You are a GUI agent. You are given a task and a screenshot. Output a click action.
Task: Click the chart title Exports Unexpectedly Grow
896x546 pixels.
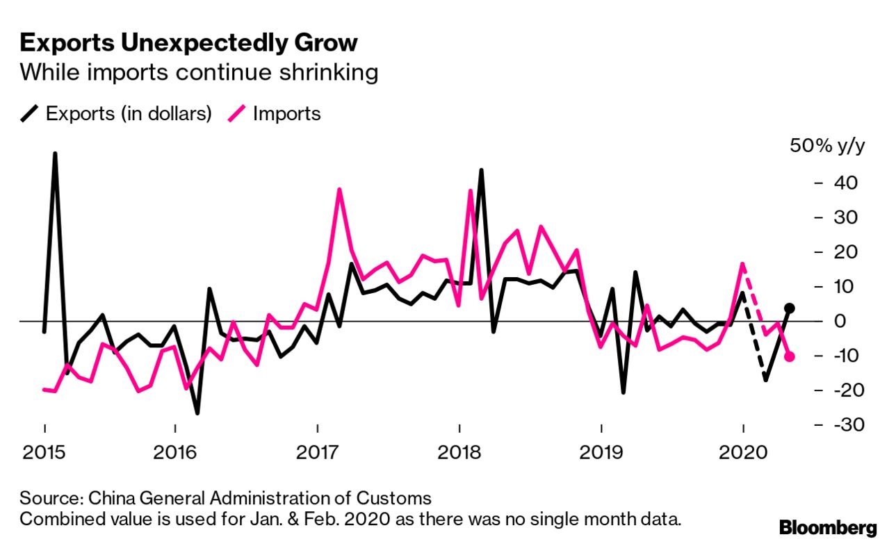pos(189,43)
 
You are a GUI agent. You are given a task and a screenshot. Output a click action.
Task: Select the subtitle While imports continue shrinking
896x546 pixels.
pos(199,72)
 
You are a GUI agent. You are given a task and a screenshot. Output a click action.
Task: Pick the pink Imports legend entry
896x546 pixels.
pos(277,113)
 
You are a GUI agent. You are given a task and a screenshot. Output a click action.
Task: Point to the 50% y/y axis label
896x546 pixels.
pos(826,147)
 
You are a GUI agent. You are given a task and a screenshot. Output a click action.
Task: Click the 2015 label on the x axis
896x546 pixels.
pos(44,454)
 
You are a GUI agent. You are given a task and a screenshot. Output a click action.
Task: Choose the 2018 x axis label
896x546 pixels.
pos(459,454)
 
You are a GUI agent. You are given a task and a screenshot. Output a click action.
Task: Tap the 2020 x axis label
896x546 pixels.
pos(743,454)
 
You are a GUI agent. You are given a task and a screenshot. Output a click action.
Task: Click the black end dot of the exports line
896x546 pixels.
pos(789,308)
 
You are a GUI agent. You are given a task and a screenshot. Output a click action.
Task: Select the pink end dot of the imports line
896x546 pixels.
pos(789,356)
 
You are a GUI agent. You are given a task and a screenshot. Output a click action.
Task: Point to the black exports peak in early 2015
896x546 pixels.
pos(55,154)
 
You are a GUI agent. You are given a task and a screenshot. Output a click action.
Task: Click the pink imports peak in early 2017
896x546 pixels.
pos(339,190)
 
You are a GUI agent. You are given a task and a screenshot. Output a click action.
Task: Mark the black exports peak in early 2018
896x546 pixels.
pos(481,170)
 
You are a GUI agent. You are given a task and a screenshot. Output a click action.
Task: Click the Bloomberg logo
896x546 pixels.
pos(828,528)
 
